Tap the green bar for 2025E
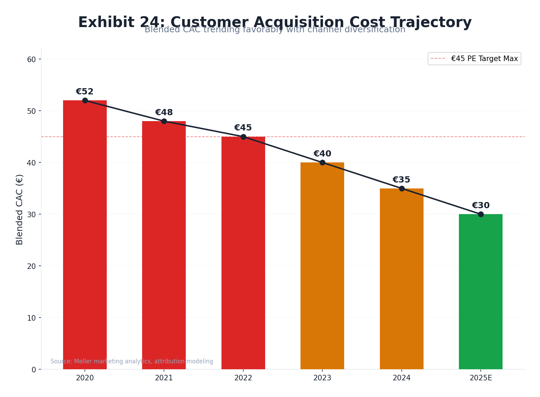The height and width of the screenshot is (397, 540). (480, 292)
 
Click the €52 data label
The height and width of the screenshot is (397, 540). (85, 92)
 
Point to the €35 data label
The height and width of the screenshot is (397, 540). (401, 180)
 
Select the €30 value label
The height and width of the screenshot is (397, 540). (480, 206)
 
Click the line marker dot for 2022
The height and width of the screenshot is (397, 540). (243, 137)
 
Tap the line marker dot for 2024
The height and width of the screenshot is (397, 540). (402, 188)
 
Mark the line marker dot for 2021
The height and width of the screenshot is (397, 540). (164, 121)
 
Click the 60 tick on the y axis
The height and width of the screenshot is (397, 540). (32, 59)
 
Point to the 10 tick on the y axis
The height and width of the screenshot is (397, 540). (32, 318)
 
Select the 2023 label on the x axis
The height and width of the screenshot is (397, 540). (322, 378)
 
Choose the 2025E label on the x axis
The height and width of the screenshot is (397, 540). (480, 378)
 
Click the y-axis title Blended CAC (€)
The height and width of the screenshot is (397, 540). (20, 209)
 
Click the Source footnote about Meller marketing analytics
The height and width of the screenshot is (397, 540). (132, 361)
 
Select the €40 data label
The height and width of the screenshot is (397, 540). (322, 154)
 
